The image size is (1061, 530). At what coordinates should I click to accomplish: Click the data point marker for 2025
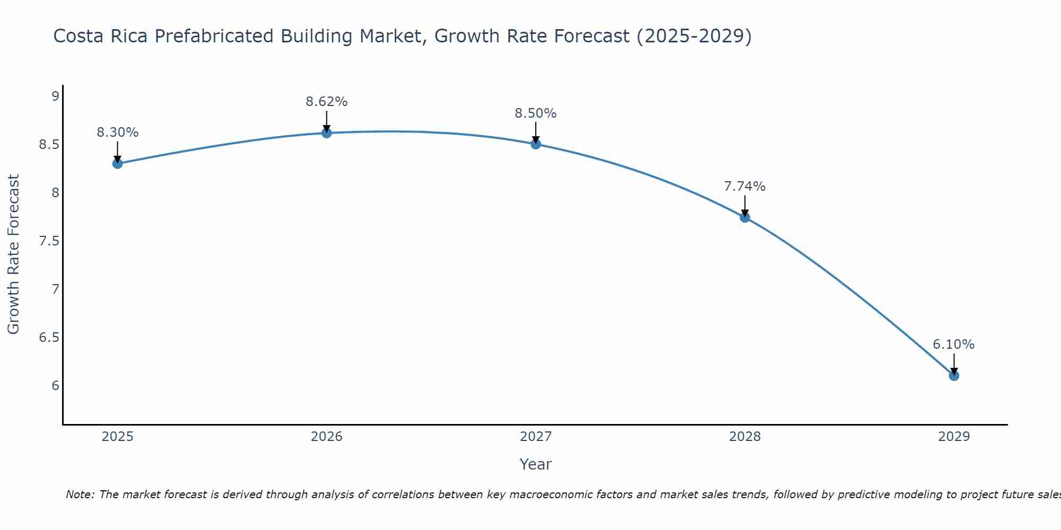(x=117, y=163)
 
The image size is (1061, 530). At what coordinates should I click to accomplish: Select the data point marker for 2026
(x=327, y=132)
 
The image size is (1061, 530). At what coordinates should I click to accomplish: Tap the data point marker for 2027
(x=536, y=144)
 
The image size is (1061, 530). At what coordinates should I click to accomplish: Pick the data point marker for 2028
(x=745, y=217)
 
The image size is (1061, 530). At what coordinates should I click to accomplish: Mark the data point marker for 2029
(x=954, y=375)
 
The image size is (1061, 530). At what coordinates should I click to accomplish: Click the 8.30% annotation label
(x=117, y=132)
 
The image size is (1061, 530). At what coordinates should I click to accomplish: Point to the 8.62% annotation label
(x=327, y=102)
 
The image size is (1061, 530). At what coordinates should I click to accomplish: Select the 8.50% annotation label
(x=536, y=113)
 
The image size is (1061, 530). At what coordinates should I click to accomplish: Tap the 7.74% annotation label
(x=745, y=187)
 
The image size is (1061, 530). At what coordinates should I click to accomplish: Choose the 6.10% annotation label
(x=954, y=344)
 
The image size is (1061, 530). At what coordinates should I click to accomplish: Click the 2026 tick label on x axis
(x=327, y=437)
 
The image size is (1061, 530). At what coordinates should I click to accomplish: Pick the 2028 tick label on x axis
(x=745, y=437)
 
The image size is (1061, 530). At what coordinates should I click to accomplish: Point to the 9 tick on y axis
(x=55, y=96)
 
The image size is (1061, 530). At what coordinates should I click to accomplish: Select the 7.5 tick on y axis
(x=49, y=241)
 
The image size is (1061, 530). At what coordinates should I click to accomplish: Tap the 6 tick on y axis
(x=55, y=385)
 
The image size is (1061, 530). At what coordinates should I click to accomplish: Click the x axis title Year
(x=536, y=464)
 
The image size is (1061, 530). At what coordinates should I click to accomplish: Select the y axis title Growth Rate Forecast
(x=13, y=254)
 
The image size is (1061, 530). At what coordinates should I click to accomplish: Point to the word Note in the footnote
(x=79, y=494)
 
